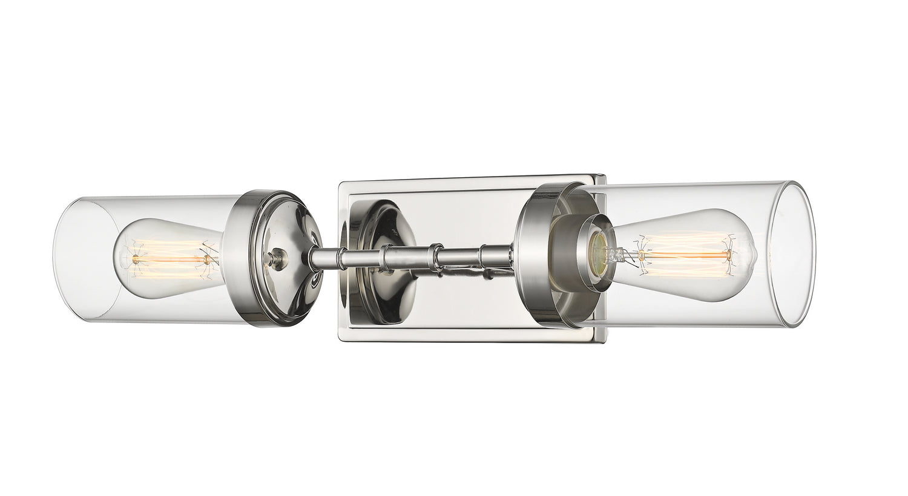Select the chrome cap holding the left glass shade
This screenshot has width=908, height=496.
pyautogui.click(x=275, y=258)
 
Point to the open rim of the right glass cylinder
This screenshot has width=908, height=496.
pyautogui.click(x=793, y=254)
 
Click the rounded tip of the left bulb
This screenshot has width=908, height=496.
pyautogui.click(x=117, y=259)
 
